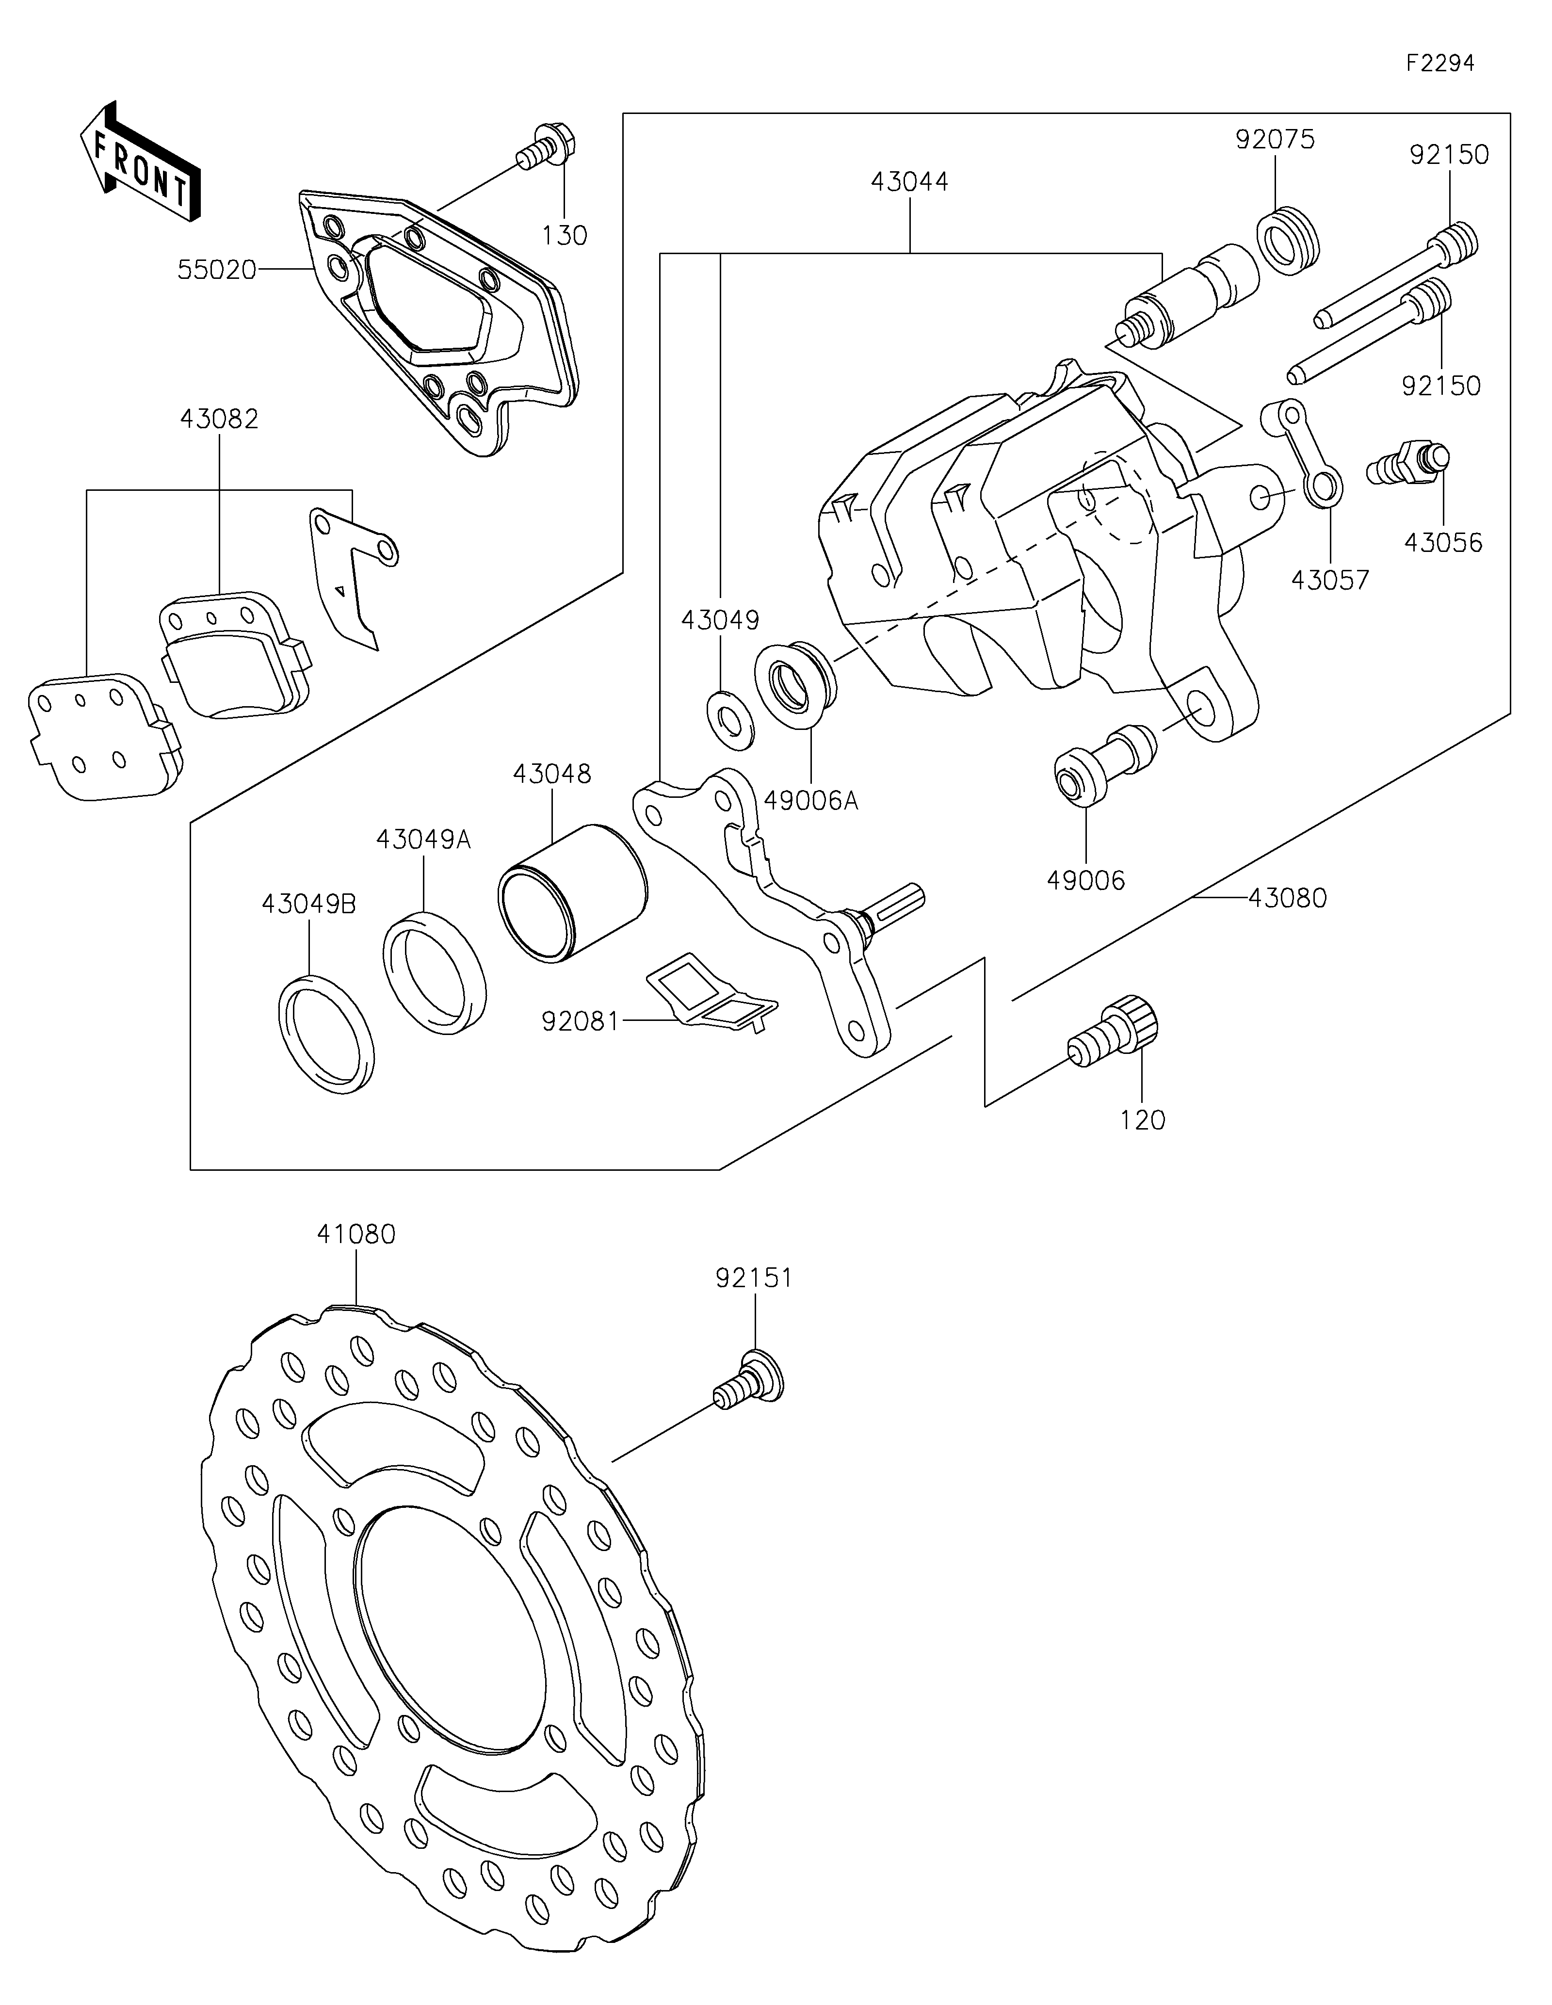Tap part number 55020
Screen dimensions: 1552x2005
click(217, 270)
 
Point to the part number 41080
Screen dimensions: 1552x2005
click(356, 1235)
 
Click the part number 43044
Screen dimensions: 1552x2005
click(909, 182)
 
